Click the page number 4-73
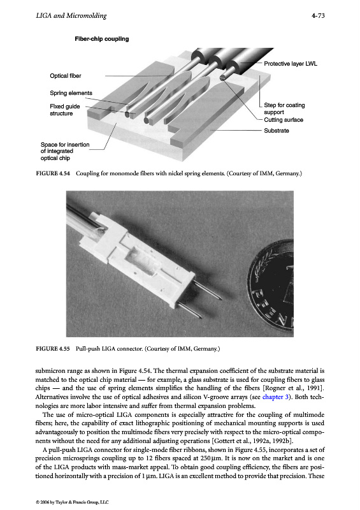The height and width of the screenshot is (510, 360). tap(318, 15)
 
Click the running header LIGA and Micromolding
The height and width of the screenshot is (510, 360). tap(71, 15)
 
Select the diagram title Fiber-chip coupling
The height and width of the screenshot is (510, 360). tap(102, 39)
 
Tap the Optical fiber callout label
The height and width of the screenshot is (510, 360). tap(66, 76)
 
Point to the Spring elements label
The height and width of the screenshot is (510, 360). tap(71, 93)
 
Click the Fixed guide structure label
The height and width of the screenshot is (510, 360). tap(65, 110)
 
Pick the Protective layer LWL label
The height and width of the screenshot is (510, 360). tap(291, 64)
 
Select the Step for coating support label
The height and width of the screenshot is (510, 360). tap(284, 108)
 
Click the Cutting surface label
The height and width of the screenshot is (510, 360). tap(284, 120)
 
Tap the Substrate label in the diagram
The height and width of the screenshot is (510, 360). tap(277, 131)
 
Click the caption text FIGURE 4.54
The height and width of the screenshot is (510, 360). tap(53, 173)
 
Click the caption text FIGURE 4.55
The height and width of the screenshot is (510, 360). tap(53, 349)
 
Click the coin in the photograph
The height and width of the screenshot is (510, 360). tap(273, 282)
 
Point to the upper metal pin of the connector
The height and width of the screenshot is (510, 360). tap(208, 291)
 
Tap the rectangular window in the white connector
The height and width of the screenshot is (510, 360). tap(140, 263)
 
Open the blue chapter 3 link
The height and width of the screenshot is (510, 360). tap(275, 397)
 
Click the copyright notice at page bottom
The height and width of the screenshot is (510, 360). tap(72, 502)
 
